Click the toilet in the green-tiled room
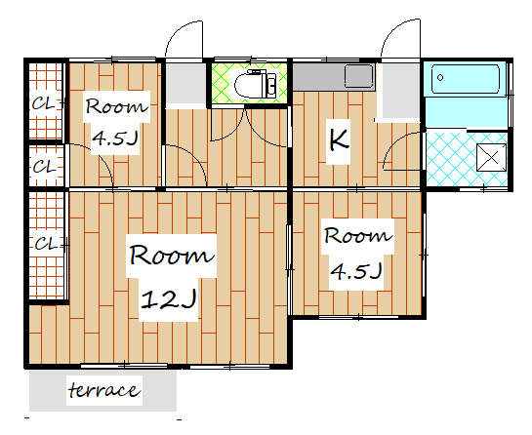[x=255, y=84]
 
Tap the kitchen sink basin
[x=359, y=76]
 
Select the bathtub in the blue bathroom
[x=466, y=79]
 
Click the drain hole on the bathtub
[x=440, y=78]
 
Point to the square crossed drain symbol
[x=492, y=158]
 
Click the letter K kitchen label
[x=339, y=140]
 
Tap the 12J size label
[x=169, y=299]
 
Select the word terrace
[x=104, y=390]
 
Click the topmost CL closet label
[x=43, y=103]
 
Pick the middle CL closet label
[x=44, y=167]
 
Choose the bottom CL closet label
[x=46, y=244]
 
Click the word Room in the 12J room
[x=172, y=255]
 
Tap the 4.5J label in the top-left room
[x=115, y=138]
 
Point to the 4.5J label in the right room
[x=356, y=271]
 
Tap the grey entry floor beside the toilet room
[x=185, y=84]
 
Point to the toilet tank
[x=271, y=84]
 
